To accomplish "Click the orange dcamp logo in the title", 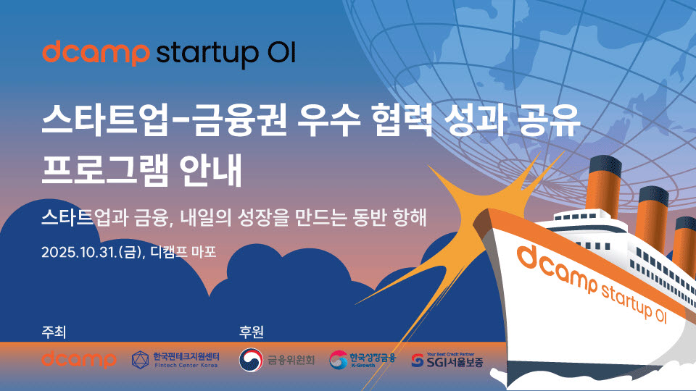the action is [96, 53].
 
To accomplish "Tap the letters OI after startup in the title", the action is [281, 52].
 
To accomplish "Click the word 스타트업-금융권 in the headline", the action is [165, 119].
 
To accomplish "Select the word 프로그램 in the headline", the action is [104, 169].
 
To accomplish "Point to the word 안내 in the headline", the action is [211, 169].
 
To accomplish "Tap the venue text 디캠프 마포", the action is [183, 252].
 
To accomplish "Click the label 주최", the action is [54, 332].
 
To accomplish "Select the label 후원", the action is [252, 332].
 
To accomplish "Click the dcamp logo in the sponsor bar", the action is [79, 359].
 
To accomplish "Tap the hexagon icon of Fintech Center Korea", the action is [140, 360].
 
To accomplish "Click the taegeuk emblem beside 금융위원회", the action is [251, 360].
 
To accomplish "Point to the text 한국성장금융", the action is [372, 357].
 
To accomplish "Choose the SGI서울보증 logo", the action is [447, 361].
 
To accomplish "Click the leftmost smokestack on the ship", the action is [602, 185].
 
